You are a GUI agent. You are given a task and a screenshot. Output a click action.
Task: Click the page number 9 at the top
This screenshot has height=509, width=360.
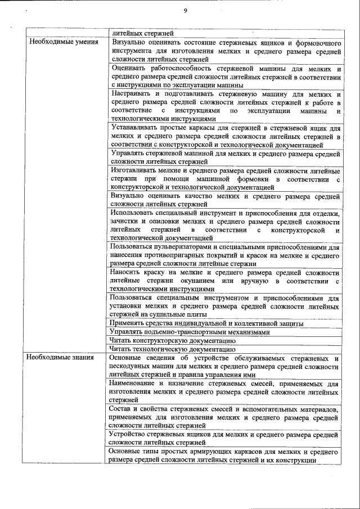pyautogui.click(x=185, y=11)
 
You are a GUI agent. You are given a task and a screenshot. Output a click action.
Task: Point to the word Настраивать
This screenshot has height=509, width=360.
pyautogui.click(x=132, y=93)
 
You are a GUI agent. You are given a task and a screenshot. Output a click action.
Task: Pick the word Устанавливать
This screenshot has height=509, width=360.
pyautogui.click(x=137, y=128)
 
